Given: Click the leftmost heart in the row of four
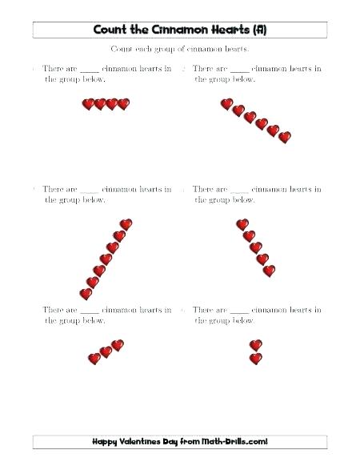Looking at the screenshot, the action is (88, 104).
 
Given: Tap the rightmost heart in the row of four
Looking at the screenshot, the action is (123, 104).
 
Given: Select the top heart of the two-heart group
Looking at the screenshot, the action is (256, 345).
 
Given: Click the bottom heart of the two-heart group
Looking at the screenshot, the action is (256, 359).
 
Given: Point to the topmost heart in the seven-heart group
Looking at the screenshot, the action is (126, 224).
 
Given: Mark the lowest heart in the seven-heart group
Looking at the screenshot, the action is (86, 294).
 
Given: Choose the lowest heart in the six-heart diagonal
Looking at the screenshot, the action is (284, 137).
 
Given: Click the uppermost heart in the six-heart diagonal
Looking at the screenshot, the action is (226, 104).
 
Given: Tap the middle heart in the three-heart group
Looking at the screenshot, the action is (106, 352).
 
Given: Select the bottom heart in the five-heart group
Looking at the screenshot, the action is (269, 271).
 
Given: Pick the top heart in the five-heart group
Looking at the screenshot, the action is (242, 225).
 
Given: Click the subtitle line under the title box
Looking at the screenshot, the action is (180, 50).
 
